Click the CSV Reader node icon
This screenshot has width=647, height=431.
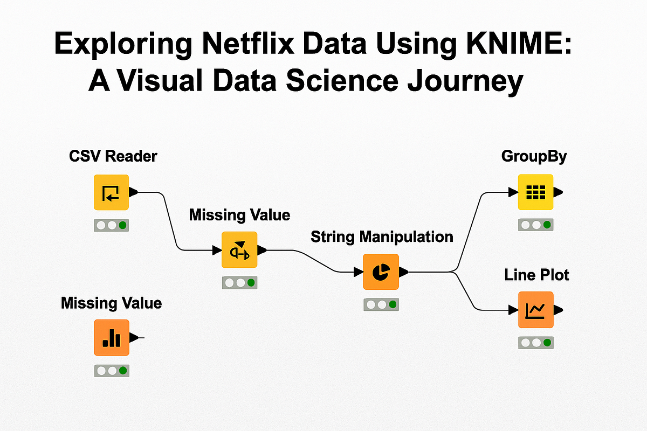click(x=111, y=192)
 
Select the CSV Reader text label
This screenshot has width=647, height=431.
click(x=113, y=156)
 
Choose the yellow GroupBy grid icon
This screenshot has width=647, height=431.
click(x=535, y=192)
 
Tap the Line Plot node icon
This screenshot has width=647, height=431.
click(x=535, y=310)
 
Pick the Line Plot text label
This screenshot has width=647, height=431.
click(x=536, y=275)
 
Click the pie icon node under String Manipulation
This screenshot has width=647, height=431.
click(x=381, y=272)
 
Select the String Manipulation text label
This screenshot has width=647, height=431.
click(x=382, y=237)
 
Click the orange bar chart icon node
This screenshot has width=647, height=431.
click(x=112, y=338)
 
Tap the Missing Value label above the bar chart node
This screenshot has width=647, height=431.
click(x=111, y=303)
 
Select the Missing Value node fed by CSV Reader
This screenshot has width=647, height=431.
click(x=239, y=250)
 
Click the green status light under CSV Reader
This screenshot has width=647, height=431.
click(x=123, y=225)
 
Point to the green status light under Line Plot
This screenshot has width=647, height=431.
click(x=547, y=343)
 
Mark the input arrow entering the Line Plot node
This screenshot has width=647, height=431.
click(x=513, y=310)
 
